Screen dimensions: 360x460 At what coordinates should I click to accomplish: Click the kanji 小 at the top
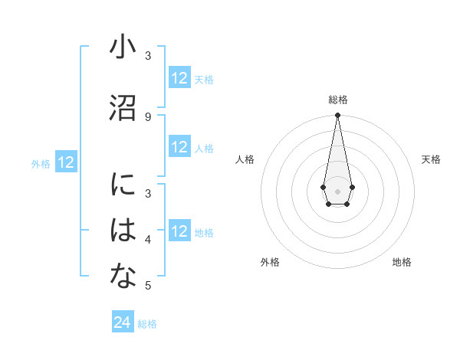click(x=123, y=47)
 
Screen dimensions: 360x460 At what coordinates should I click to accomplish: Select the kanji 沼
click(x=123, y=107)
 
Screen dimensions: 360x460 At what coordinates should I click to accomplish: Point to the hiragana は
click(x=123, y=231)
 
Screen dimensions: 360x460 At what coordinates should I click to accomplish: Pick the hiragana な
click(x=123, y=277)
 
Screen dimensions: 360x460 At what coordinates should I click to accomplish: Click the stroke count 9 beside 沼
click(x=148, y=116)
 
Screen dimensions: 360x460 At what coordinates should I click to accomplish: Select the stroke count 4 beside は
click(x=148, y=241)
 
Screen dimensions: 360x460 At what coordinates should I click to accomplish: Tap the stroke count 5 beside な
click(x=148, y=286)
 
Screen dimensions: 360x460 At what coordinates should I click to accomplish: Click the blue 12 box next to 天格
click(x=179, y=78)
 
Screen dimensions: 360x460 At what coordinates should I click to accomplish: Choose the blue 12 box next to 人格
click(x=179, y=147)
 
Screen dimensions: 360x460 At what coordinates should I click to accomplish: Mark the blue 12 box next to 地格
click(x=179, y=231)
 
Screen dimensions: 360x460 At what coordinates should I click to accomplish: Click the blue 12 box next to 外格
click(x=66, y=162)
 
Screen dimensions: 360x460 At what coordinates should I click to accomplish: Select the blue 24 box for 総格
click(x=123, y=322)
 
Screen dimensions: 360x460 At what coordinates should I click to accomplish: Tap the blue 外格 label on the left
click(x=41, y=163)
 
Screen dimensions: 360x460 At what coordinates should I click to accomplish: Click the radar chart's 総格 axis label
click(x=337, y=100)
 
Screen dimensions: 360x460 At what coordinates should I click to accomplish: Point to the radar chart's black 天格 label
click(x=431, y=159)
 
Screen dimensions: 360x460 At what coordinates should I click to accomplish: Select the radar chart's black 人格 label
click(x=245, y=159)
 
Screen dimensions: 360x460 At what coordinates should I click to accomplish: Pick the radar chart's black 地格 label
click(x=402, y=262)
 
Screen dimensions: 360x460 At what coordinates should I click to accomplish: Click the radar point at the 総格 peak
click(x=337, y=116)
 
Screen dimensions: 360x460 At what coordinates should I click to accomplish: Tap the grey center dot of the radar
click(x=337, y=190)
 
